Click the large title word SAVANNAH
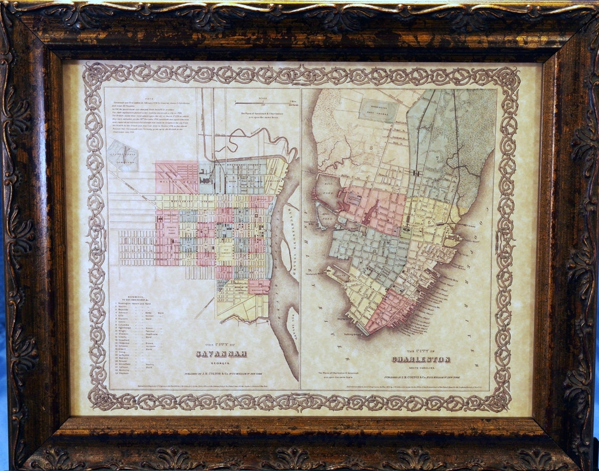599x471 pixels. pos(221,354)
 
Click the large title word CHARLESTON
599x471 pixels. pos(420,359)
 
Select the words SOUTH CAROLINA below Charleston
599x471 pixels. pos(420,367)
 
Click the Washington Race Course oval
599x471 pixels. pos(379,111)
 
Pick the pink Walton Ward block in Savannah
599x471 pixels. pos(176,178)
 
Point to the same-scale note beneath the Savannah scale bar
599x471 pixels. pos(265,115)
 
